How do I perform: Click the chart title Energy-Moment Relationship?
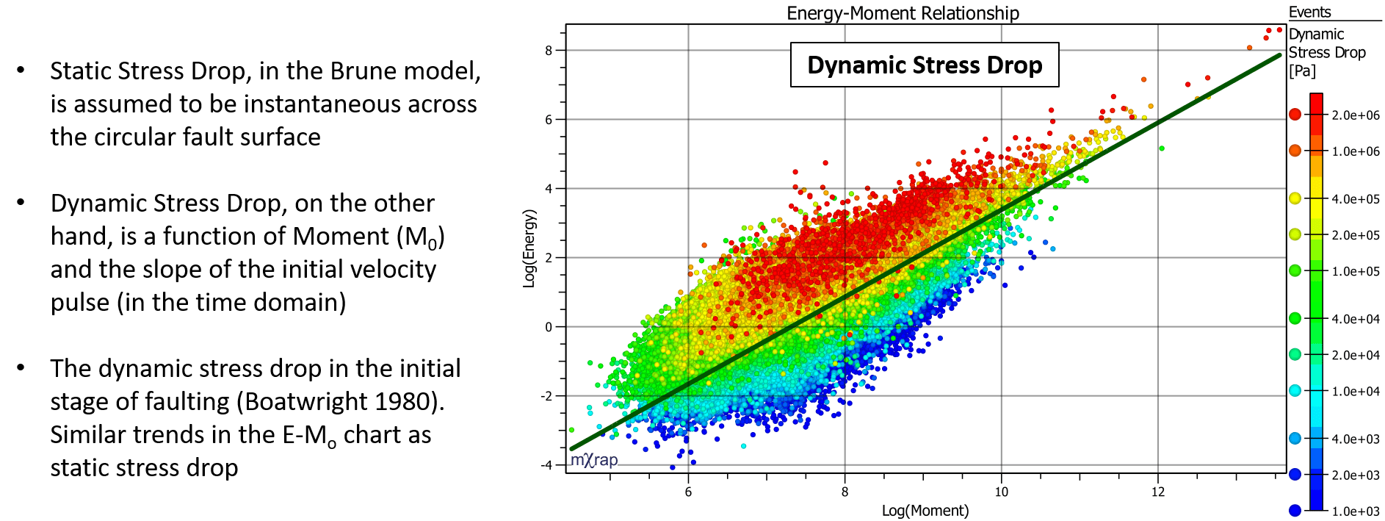[x=903, y=13]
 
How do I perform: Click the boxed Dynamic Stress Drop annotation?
[x=925, y=65]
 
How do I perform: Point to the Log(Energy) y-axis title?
[x=529, y=248]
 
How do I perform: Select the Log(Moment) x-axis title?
[x=925, y=511]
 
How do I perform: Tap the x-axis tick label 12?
[x=1158, y=492]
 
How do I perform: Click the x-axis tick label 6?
[x=688, y=492]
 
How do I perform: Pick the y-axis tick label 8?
[x=549, y=51]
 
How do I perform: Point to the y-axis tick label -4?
[x=546, y=465]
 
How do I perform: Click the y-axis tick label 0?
[x=549, y=327]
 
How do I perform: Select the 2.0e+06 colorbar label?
[x=1356, y=115]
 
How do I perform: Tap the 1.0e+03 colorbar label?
[x=1356, y=511]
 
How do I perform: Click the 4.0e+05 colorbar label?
[x=1356, y=199]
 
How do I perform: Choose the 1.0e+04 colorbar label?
[x=1356, y=392]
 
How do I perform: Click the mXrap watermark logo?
[x=594, y=460]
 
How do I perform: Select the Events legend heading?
[x=1309, y=12]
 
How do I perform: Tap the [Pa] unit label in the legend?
[x=1302, y=71]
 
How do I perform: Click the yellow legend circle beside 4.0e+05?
[x=1295, y=198]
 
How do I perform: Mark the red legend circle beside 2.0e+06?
[x=1295, y=115]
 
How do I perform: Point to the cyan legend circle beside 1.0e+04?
[x=1295, y=391]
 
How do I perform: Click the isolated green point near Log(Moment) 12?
[x=1162, y=148]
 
